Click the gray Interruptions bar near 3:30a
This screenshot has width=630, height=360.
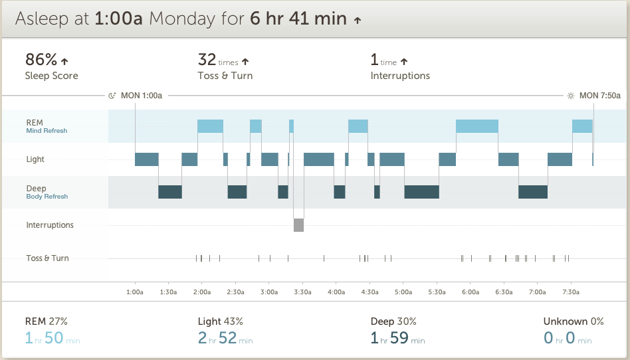(298, 225)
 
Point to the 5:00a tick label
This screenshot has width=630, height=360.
(403, 292)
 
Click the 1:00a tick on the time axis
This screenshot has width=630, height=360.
(135, 292)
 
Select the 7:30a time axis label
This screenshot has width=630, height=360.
(571, 292)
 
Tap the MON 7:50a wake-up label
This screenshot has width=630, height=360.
(599, 96)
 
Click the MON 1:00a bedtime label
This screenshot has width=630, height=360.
(141, 96)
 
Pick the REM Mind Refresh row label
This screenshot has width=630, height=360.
(47, 126)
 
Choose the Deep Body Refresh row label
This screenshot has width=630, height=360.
(47, 192)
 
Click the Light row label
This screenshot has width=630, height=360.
(35, 159)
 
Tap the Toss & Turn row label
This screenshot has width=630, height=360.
(47, 258)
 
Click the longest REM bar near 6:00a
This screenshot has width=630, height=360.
(476, 126)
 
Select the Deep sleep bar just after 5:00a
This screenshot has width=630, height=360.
(421, 192)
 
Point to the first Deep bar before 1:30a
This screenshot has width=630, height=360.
(169, 192)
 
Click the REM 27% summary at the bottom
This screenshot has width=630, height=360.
(46, 321)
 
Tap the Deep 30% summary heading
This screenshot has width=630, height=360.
(393, 321)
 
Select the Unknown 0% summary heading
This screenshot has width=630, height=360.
(574, 321)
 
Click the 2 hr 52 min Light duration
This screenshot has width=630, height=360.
(225, 339)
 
